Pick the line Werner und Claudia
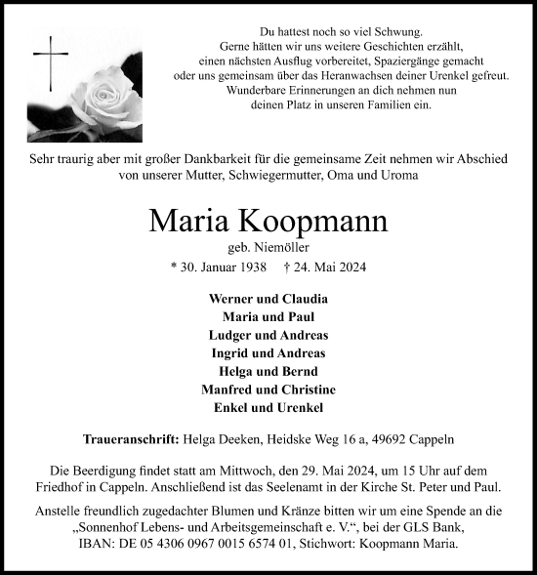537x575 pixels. (268, 299)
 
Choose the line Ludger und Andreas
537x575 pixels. (268, 335)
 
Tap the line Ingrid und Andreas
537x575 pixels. (268, 352)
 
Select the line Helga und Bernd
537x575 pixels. (268, 371)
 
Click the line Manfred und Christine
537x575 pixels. (268, 389)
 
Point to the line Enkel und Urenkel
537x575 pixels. (268, 407)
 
